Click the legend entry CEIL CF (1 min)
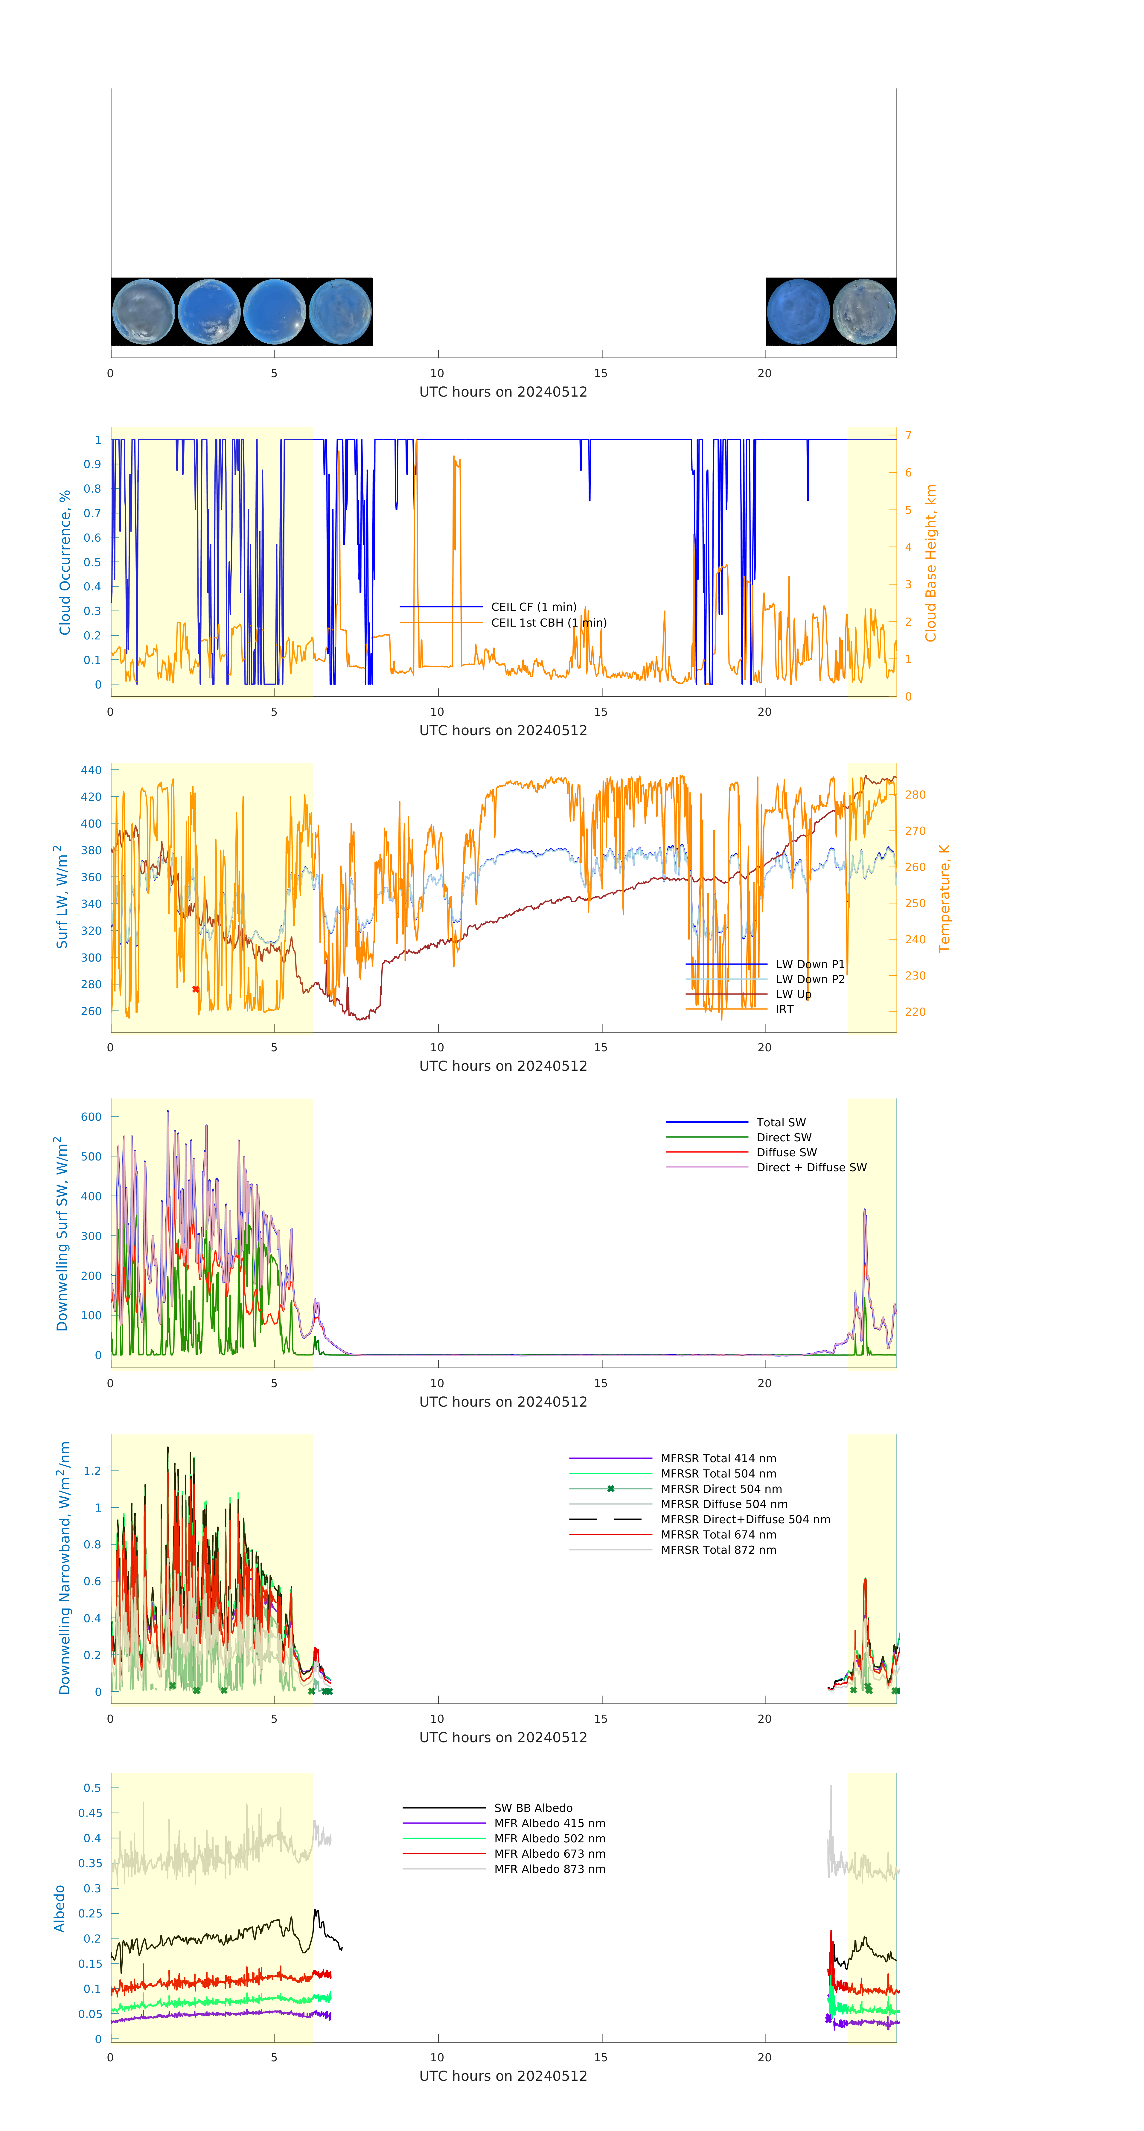coord(534,606)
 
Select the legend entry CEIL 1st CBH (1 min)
coord(549,622)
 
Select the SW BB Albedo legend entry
coord(533,1808)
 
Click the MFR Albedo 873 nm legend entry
coord(549,1869)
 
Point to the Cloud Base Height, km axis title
coord(930,563)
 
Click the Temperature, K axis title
coord(944,898)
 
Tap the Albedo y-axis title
coord(60,1908)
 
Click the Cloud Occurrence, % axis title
coord(65,563)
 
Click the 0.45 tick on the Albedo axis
coord(90,1812)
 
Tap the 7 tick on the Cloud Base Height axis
coord(908,435)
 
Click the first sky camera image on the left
coord(143,312)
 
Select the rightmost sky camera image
coord(863,312)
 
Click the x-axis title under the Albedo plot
coord(503,2076)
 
